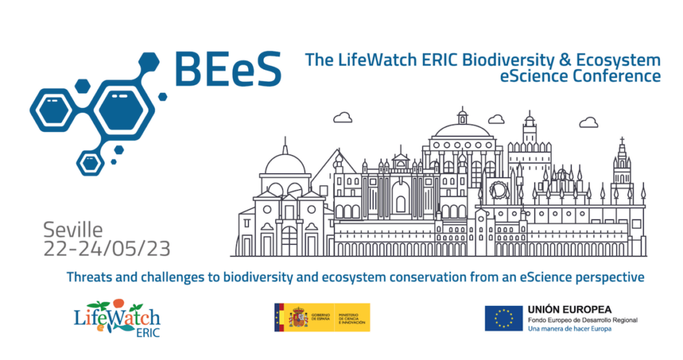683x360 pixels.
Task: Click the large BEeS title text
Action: [x=227, y=68]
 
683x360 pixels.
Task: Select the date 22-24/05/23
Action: [x=107, y=249]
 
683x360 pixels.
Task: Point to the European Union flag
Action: [x=504, y=317]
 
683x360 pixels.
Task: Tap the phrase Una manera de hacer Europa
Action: [x=566, y=329]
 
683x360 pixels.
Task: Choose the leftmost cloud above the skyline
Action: [x=343, y=118]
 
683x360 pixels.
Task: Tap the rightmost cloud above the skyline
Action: [x=588, y=122]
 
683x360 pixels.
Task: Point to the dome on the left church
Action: [x=285, y=163]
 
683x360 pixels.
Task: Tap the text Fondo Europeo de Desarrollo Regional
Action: [x=582, y=320]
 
